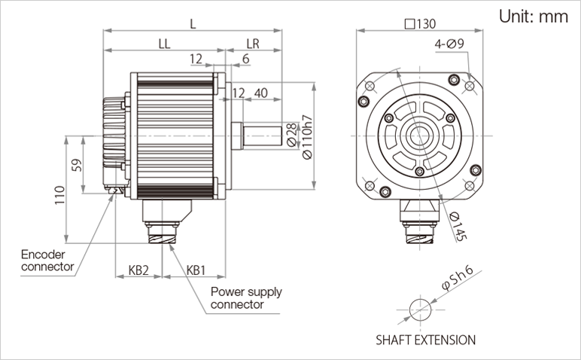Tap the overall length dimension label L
[193, 23]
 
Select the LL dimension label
[164, 44]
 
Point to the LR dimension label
[253, 44]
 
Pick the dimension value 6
[246, 59]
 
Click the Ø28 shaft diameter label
[291, 133]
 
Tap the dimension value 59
[77, 164]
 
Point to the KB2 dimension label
[138, 270]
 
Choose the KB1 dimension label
[196, 270]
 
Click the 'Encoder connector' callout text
[47, 261]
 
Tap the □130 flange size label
[420, 23]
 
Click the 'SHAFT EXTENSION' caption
[425, 340]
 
